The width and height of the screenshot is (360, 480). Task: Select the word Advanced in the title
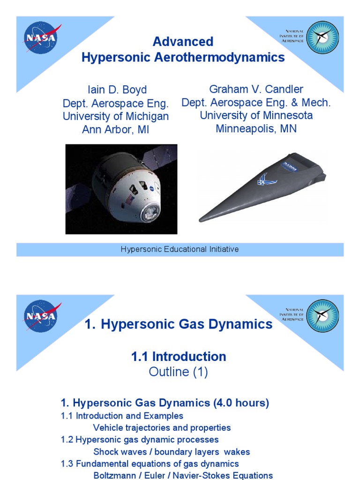183,42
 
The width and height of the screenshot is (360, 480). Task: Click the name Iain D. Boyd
115,90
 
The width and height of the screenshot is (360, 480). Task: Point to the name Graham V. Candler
256,89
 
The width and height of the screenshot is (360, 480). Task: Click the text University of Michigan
116,116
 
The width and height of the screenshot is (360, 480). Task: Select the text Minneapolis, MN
256,128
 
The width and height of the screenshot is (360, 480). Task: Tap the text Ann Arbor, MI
116,129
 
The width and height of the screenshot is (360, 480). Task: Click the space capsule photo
121,189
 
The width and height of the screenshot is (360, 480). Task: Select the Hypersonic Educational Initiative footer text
180,249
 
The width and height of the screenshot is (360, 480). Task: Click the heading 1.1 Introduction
179,357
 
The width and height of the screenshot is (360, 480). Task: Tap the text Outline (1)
178,372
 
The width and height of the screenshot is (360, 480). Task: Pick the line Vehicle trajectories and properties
162,427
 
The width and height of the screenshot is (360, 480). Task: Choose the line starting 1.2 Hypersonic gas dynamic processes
140,440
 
